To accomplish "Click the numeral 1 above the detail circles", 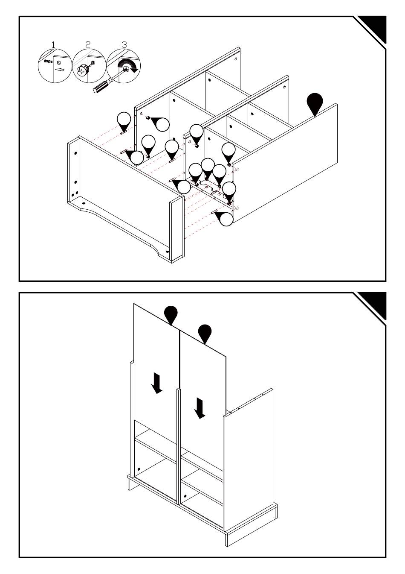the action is (x=53, y=44).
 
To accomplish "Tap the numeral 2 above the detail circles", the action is (x=88, y=44).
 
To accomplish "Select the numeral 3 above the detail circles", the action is (x=124, y=44).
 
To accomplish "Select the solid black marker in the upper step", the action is (x=315, y=102).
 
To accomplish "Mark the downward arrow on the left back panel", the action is (x=157, y=383).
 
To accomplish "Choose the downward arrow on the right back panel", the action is (x=199, y=408).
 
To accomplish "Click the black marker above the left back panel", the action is (x=171, y=314).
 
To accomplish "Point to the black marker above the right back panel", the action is (x=205, y=333).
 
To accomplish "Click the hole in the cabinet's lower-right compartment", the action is (x=185, y=496).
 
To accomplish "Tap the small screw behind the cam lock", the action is (x=93, y=63).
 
